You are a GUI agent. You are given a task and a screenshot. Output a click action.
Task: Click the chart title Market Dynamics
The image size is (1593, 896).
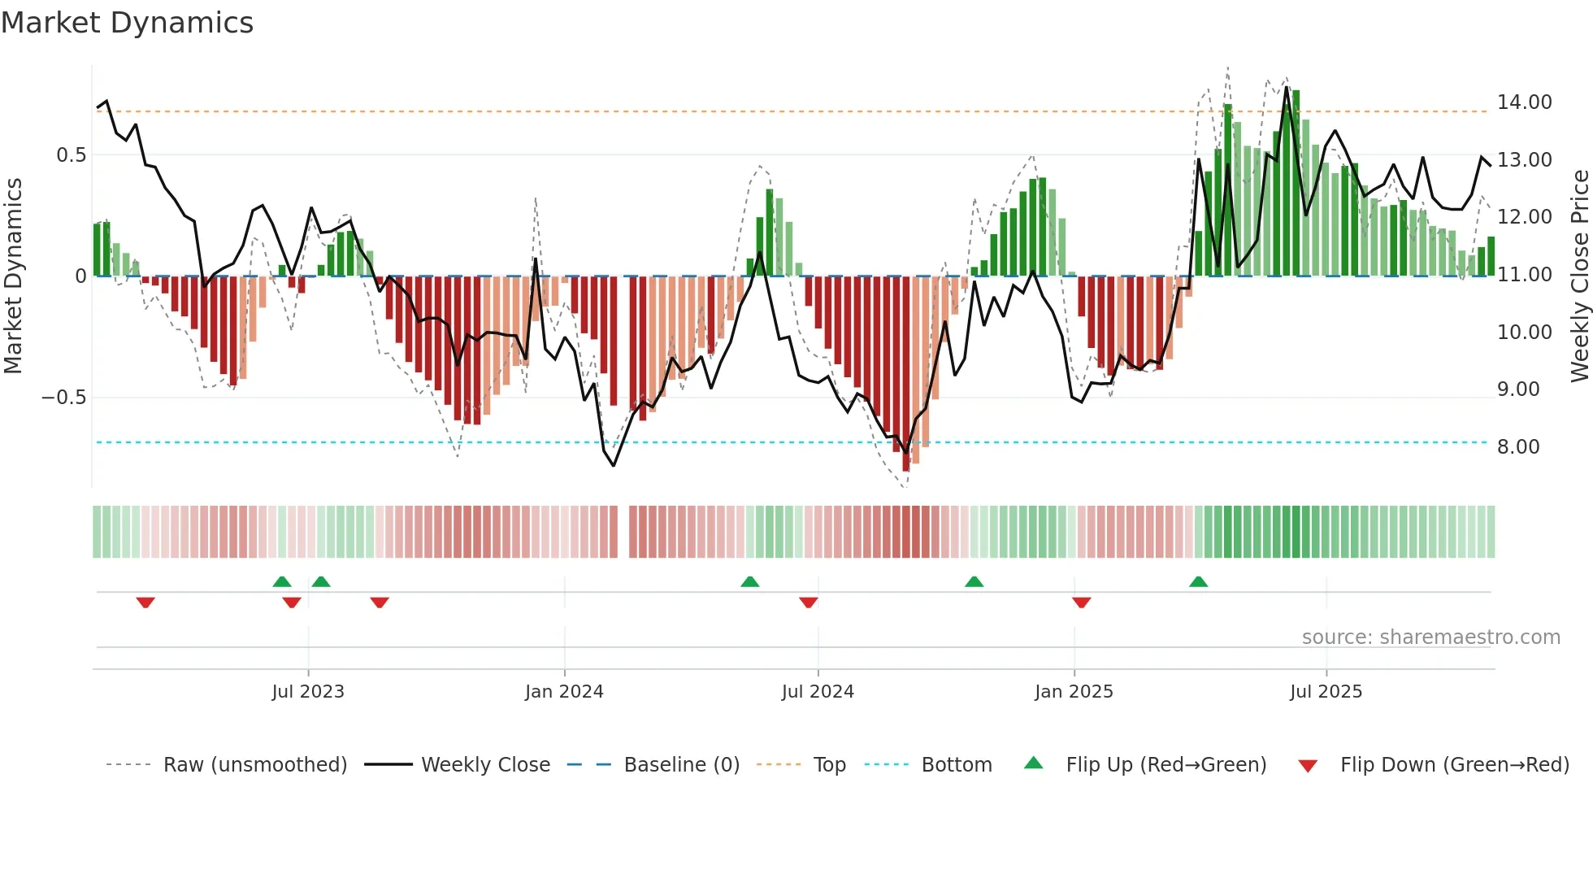click(127, 23)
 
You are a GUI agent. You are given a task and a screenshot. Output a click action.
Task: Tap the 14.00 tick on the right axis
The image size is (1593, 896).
click(1524, 102)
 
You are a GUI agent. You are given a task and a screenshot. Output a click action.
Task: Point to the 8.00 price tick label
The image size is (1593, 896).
click(1517, 447)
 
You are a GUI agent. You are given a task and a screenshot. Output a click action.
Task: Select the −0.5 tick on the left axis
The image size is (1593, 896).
click(63, 398)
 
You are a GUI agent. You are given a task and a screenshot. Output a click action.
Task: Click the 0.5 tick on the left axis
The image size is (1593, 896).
click(71, 155)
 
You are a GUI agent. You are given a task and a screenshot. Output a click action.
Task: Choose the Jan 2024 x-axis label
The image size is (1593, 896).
click(564, 692)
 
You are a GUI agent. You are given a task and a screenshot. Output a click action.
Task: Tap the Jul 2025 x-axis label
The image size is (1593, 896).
click(1326, 692)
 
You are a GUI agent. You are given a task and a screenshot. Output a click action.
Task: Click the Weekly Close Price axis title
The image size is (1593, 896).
click(1579, 276)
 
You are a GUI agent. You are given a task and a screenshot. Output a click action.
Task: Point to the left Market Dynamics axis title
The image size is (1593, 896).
click(13, 276)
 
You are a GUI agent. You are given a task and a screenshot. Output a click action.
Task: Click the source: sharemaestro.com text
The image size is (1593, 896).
click(1430, 637)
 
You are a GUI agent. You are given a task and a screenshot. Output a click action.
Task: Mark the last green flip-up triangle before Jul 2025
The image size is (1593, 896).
click(1198, 582)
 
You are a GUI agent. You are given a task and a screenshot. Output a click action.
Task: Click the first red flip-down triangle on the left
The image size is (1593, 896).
click(145, 602)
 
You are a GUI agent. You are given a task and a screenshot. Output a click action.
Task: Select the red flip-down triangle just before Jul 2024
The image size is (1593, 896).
click(808, 602)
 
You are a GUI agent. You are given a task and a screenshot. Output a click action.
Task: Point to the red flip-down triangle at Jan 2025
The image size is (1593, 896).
click(1081, 602)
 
